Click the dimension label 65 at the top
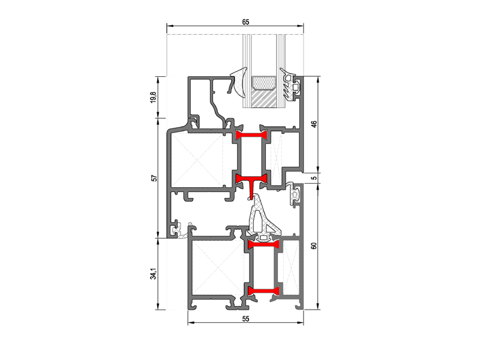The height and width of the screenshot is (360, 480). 245,22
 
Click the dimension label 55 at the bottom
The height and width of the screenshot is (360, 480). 245,319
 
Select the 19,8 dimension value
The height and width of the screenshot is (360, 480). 154,97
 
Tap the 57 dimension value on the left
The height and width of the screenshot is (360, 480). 155,178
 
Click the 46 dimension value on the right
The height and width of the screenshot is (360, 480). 314,124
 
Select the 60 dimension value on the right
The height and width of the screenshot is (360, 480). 314,245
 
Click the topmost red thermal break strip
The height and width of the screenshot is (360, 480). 251,135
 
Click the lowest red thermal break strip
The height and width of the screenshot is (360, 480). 263,291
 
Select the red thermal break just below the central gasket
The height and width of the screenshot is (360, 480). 263,245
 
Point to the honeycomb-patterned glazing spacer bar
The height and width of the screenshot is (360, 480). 263,82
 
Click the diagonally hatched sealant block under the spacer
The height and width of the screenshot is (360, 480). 263,98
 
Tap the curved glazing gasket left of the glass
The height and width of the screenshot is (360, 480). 238,83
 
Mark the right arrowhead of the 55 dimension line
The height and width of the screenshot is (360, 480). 301,323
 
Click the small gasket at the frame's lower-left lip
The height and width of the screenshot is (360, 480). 181,230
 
